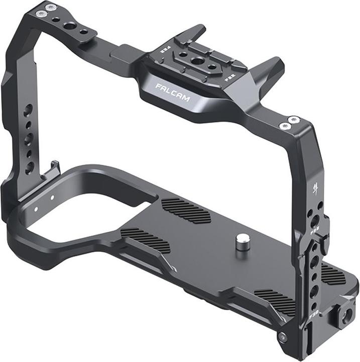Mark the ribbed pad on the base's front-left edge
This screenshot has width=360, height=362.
coord(146,240)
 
